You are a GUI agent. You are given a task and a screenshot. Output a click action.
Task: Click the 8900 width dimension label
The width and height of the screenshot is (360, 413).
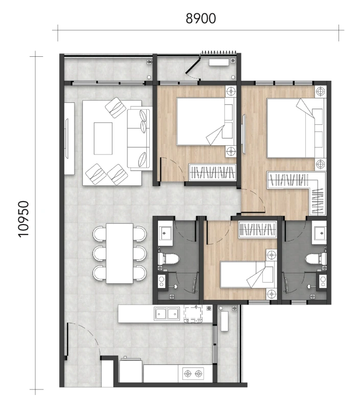(x=201, y=18)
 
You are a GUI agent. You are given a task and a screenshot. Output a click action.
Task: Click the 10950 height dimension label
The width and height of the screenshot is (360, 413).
(x=23, y=219)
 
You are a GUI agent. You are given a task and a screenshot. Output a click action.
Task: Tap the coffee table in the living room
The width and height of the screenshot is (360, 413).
(x=103, y=138)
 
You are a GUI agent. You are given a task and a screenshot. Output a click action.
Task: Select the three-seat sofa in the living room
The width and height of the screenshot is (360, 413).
(x=140, y=138)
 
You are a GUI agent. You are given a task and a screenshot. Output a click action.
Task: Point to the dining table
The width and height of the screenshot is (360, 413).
(x=120, y=253)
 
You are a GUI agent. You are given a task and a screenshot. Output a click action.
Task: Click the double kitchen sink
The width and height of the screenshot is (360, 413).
(x=167, y=313)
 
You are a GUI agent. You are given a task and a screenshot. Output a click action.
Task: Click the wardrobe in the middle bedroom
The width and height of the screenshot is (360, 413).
(x=212, y=172)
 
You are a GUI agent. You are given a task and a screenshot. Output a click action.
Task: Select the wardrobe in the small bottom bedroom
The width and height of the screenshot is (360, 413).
(x=258, y=229)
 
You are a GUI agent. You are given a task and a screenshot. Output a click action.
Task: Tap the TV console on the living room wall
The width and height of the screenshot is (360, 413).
(x=69, y=138)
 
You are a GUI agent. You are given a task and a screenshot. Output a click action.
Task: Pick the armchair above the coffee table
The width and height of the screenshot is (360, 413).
(x=115, y=107)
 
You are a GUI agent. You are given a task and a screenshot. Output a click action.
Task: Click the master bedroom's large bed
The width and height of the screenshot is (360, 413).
(x=295, y=128)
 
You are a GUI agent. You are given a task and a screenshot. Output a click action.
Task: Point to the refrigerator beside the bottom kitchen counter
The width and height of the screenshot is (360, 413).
(x=131, y=371)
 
